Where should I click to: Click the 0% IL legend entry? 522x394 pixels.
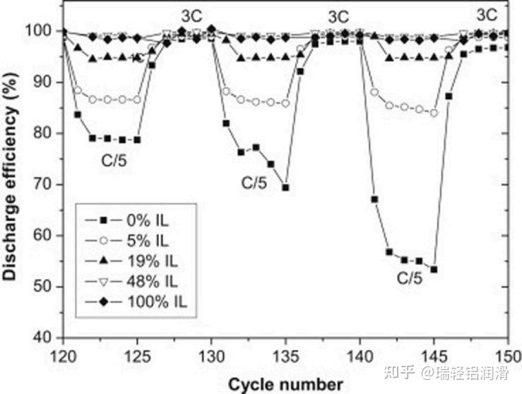coord(127,220)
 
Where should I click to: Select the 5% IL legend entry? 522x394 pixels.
coord(127,241)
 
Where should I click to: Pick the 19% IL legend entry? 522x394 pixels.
coord(131,261)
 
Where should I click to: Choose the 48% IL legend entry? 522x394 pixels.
coord(131,282)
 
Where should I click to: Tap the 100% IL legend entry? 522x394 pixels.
coord(136,302)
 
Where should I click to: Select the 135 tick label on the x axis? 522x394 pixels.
coord(285,357)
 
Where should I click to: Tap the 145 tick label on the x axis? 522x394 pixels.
coord(434,357)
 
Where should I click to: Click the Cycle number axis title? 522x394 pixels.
coord(285,385)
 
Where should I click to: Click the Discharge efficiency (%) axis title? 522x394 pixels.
coord(10,176)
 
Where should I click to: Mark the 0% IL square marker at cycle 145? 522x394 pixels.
coord(434,270)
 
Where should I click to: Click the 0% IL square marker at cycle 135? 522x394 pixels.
coord(285,188)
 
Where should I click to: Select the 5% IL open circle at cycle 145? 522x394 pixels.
coord(434,113)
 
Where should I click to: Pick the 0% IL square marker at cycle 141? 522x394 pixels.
coord(374,199)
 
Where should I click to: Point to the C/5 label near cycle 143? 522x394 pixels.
coord(410,278)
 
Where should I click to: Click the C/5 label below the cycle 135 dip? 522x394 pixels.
coord(254,183)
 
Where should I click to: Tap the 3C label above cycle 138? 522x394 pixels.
coord(338,17)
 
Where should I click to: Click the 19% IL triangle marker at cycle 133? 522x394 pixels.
coord(256,57)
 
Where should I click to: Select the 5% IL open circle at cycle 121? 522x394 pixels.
coord(78,90)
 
